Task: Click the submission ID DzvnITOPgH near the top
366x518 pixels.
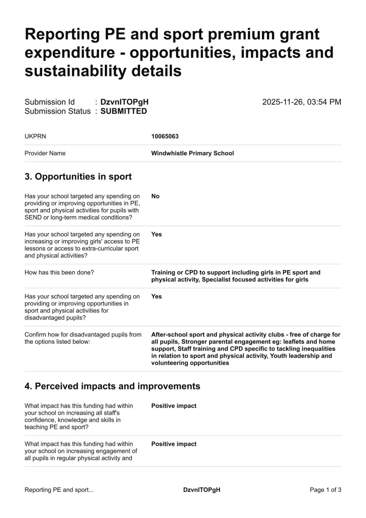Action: [x=124, y=102]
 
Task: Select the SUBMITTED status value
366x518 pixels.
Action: [x=123, y=111]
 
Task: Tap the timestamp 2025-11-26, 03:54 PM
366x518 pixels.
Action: [x=301, y=102]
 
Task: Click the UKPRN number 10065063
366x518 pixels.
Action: [x=165, y=136]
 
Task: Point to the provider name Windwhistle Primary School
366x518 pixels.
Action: [x=192, y=153]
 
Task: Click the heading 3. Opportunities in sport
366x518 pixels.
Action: [x=78, y=176]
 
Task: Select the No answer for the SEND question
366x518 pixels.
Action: [x=155, y=196]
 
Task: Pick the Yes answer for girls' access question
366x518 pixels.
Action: [x=156, y=234]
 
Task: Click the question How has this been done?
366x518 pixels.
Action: [x=59, y=273]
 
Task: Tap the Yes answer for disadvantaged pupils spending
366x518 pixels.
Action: [x=156, y=297]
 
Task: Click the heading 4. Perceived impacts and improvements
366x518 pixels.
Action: [x=112, y=386]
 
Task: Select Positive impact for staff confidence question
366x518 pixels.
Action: [x=174, y=406]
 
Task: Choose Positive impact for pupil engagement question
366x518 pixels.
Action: [x=174, y=444]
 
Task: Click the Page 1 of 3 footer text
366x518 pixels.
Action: [x=325, y=490]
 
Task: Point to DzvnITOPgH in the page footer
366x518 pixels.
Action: [x=201, y=490]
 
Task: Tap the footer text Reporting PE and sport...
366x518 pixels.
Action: [x=59, y=490]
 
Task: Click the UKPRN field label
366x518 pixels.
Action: [x=35, y=136]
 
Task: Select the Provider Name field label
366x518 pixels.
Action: [x=45, y=153]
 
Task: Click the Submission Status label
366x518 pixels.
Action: [x=58, y=111]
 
